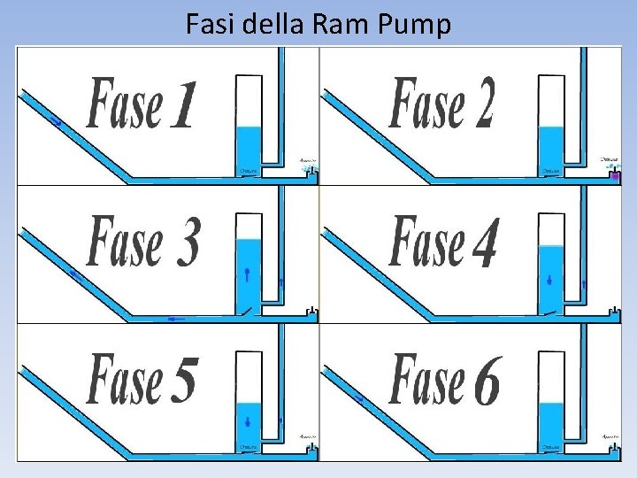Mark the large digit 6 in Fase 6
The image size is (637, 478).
pos(486,382)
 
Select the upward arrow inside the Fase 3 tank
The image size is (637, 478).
pos(249,274)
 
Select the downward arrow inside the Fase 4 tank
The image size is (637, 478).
pos(550,281)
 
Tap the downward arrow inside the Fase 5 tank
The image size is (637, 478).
pos(249,420)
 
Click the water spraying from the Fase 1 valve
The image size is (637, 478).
pos(308,166)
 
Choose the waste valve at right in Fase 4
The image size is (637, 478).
pos(612,312)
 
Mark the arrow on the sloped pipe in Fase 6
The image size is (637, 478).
pos(359,398)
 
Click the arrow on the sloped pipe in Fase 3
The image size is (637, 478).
pos(76,277)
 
